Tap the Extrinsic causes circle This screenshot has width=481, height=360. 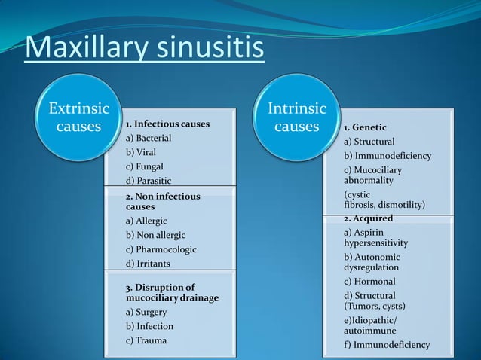pyautogui.click(x=73, y=117)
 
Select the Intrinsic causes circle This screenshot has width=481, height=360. pyautogui.click(x=296, y=118)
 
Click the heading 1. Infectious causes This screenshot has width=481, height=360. pyautogui.click(x=167, y=124)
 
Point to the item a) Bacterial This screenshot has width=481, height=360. pyautogui.click(x=149, y=138)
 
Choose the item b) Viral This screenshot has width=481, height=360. pyautogui.click(x=141, y=152)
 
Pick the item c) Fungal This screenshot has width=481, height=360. pyautogui.click(x=144, y=166)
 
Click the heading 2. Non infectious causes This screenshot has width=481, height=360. pyautogui.click(x=163, y=201)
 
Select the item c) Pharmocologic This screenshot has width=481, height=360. pyautogui.click(x=161, y=249)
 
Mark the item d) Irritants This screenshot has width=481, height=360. pyautogui.click(x=148, y=263)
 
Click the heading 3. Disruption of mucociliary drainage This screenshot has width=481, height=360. pyautogui.click(x=172, y=292)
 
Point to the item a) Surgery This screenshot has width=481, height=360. pyautogui.click(x=146, y=312)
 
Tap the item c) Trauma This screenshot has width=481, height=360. pyautogui.click(x=146, y=340)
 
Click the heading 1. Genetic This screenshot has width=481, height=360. pyautogui.click(x=366, y=127)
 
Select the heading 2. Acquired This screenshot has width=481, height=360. pyautogui.click(x=369, y=218)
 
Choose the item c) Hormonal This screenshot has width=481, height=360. pyautogui.click(x=369, y=282)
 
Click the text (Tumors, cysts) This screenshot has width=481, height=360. pyautogui.click(x=375, y=307)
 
